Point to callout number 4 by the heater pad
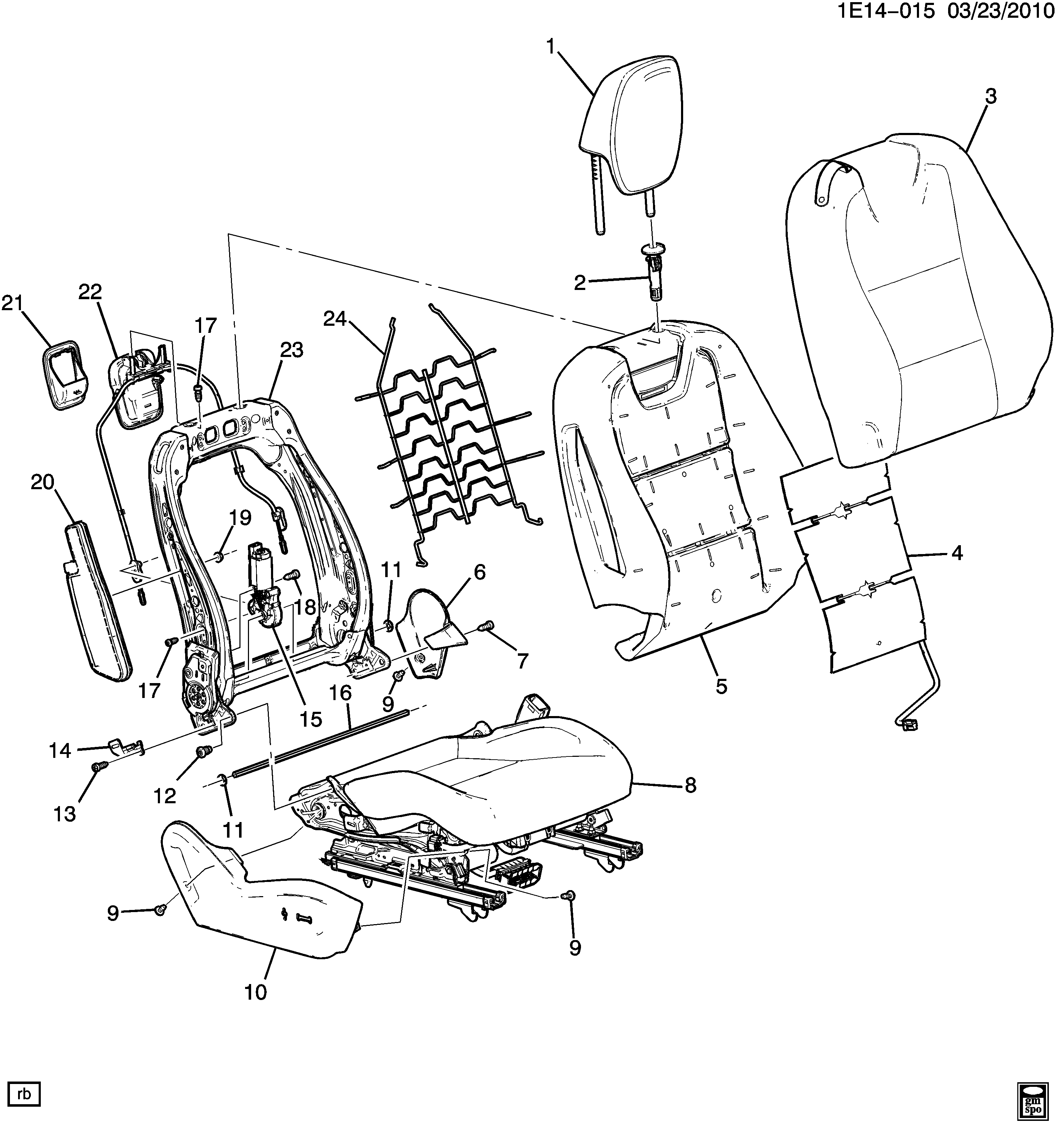pos(956,554)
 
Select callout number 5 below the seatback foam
pos(721,686)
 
